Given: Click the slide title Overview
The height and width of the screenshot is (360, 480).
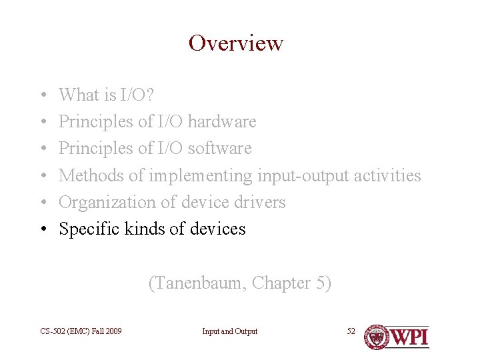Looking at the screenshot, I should click(x=236, y=43).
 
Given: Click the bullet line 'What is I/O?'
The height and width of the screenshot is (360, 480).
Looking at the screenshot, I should click(x=107, y=95).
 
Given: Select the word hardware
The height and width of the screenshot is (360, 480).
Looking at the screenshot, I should click(x=222, y=122).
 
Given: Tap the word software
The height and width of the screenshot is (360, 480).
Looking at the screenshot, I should click(x=219, y=149).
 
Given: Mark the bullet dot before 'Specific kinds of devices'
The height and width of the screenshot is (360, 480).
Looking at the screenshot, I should click(x=42, y=229).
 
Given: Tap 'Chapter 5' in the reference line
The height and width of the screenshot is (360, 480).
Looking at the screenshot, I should click(x=291, y=283).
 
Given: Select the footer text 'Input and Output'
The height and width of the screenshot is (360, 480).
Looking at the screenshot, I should click(x=230, y=331).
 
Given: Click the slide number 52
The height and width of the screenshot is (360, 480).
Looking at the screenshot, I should click(x=351, y=331).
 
